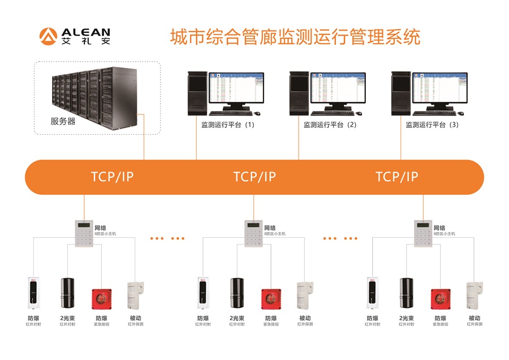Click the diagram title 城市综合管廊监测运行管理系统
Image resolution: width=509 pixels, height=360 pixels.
tap(295, 37)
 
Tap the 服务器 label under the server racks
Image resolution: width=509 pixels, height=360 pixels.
tap(63, 121)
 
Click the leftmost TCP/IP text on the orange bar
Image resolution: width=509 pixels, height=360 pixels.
tap(112, 177)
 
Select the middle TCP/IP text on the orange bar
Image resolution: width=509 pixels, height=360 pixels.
tap(255, 177)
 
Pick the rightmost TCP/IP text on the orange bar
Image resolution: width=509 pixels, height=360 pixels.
tap(397, 177)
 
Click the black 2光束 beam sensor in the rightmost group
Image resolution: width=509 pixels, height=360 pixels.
tap(406, 293)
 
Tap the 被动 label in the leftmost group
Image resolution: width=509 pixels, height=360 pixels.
tap(136, 318)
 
